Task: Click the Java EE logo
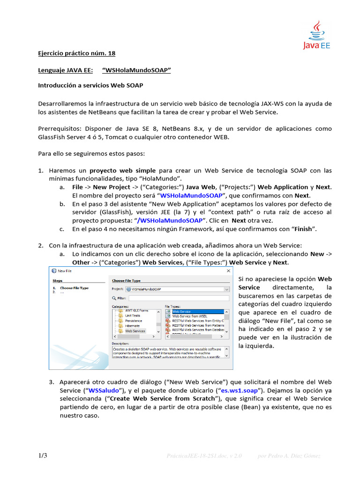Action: (317, 35)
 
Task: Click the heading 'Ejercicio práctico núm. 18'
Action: (76, 53)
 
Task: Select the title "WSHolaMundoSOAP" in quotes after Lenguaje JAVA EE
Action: (136, 70)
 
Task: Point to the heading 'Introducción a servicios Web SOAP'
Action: (90, 86)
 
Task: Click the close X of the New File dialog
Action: (229, 270)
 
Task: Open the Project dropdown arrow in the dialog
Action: (226, 290)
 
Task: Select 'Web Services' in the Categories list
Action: (135, 331)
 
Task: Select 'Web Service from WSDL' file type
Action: (193, 316)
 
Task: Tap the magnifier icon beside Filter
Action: (114, 298)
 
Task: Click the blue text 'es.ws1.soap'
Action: (240, 390)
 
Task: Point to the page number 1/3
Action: (43, 456)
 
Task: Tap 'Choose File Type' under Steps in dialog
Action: (74, 288)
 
